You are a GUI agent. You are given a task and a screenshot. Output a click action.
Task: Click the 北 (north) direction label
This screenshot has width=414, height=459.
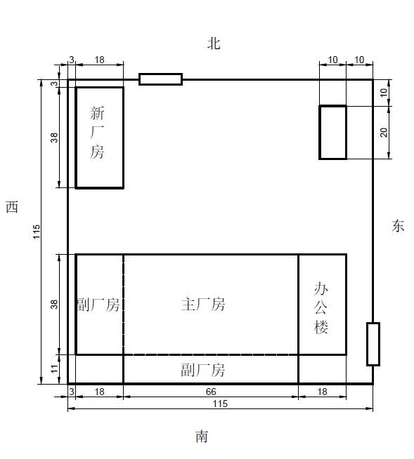pos(214,44)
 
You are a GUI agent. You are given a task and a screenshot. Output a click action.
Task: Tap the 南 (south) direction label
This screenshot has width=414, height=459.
pos(202,436)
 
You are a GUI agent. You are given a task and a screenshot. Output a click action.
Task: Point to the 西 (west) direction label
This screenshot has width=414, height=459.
pos(12,206)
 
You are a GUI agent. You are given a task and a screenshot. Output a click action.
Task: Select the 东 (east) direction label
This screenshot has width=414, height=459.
pos(398,226)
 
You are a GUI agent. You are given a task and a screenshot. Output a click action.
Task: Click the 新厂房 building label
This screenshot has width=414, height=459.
pos(97,133)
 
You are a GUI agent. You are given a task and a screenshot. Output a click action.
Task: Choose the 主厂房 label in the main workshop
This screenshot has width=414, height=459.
pos(203,304)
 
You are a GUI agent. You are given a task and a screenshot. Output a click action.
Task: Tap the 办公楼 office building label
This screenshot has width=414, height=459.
pos(321,308)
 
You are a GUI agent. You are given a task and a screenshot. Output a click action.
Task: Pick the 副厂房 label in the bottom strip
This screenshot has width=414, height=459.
pos(203,370)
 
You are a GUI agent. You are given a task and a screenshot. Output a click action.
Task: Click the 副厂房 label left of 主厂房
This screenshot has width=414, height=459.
pos(98,305)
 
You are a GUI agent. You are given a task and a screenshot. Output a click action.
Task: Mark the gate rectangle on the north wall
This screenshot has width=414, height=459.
pos(161,79)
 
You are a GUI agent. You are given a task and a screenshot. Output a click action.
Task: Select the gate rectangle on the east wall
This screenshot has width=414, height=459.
pos(373,344)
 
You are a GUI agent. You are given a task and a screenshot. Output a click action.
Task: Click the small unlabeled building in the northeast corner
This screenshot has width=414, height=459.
pos(332,133)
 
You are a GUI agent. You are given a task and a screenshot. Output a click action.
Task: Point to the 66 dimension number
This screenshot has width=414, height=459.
pos(211,392)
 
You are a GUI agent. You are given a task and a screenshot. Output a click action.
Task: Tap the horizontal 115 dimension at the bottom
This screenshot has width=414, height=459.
pos(220,404)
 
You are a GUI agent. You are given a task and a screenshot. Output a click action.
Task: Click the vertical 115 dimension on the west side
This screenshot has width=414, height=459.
pos(37,232)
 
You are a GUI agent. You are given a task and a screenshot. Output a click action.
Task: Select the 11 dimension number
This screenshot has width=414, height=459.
pos(55,368)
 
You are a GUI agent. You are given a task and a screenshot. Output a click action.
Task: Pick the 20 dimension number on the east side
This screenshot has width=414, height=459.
pos(384,133)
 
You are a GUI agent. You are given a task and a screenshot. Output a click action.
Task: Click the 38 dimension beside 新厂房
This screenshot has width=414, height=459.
pos(55,138)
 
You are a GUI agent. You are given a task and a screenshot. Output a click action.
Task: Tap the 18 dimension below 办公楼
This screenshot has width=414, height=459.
pos(322,392)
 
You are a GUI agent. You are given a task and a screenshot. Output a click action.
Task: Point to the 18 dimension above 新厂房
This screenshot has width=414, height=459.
pos(99,60)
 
